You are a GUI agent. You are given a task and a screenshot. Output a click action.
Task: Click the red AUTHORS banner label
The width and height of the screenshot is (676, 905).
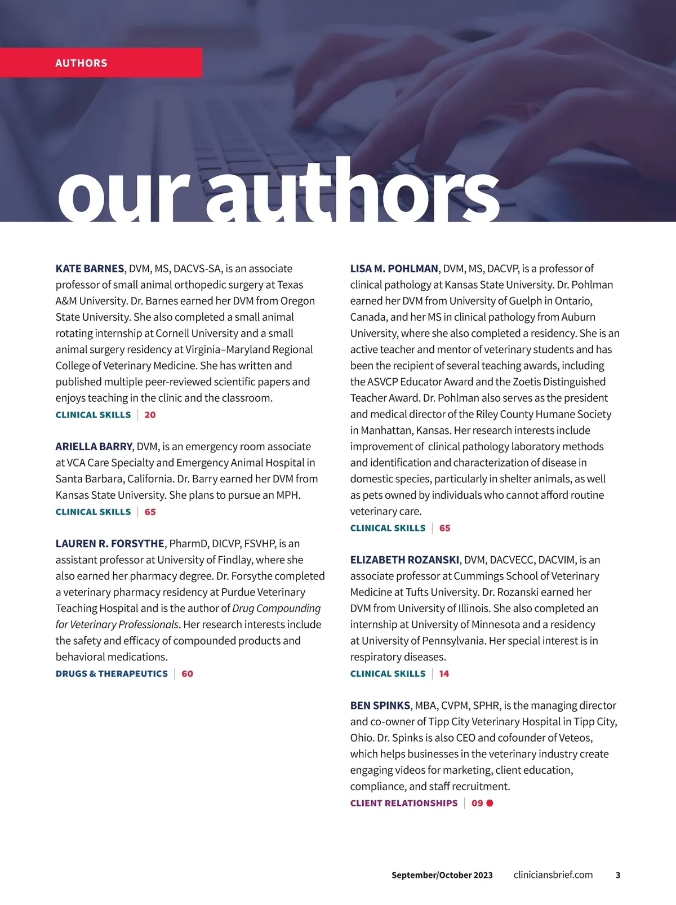81,63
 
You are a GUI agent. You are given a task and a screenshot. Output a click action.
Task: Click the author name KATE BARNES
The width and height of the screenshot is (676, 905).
90,269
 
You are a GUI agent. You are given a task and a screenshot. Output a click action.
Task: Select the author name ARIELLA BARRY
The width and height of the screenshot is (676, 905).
94,447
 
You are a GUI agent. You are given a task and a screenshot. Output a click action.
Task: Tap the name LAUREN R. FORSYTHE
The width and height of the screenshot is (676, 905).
110,544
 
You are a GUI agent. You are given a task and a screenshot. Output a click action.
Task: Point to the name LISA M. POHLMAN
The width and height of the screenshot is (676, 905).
394,269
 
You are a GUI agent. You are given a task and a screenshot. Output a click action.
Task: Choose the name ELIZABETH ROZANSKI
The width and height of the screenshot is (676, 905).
404,560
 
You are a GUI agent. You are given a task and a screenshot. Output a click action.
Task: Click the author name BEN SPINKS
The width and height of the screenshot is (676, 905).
380,706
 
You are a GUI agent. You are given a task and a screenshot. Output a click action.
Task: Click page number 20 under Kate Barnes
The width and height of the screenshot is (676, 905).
150,415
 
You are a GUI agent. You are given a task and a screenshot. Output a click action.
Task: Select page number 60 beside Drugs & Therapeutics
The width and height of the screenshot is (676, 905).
187,673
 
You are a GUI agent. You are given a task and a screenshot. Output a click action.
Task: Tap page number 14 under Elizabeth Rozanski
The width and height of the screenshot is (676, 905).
444,673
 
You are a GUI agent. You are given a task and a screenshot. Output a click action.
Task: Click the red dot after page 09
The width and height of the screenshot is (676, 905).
490,803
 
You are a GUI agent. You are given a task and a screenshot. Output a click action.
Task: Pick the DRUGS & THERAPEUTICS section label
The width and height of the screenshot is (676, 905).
112,673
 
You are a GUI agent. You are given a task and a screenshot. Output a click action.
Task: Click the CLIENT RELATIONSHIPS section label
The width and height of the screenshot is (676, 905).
404,803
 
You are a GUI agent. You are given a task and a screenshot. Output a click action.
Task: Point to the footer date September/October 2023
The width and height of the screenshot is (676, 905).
442,875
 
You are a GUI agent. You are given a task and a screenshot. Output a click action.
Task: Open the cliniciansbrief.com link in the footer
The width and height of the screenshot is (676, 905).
553,875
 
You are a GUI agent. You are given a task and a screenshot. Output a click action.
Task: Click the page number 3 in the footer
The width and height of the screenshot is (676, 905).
618,875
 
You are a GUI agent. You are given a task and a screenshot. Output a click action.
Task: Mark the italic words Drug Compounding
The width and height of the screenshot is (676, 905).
276,609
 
